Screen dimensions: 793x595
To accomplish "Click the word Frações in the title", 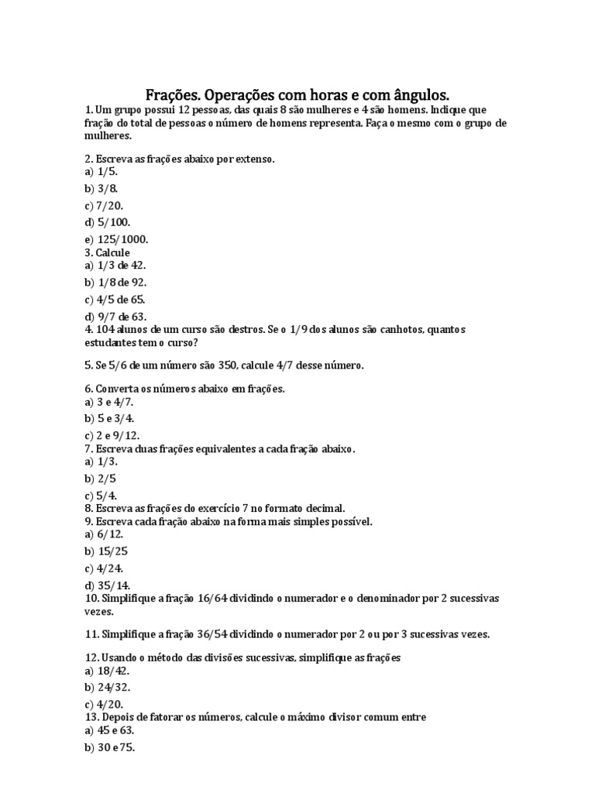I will pyautogui.click(x=171, y=95).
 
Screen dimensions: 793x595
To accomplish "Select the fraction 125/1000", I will pyautogui.click(x=122, y=239).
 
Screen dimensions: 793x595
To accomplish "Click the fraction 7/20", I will pyautogui.click(x=110, y=205).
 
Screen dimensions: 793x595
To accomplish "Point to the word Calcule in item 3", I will pyautogui.click(x=113, y=252).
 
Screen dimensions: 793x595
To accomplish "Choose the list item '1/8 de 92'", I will pyautogui.click(x=120, y=282).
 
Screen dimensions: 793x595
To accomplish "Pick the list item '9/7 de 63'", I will pyautogui.click(x=120, y=316).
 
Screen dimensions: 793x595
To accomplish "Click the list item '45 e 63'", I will pyautogui.click(x=117, y=730).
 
